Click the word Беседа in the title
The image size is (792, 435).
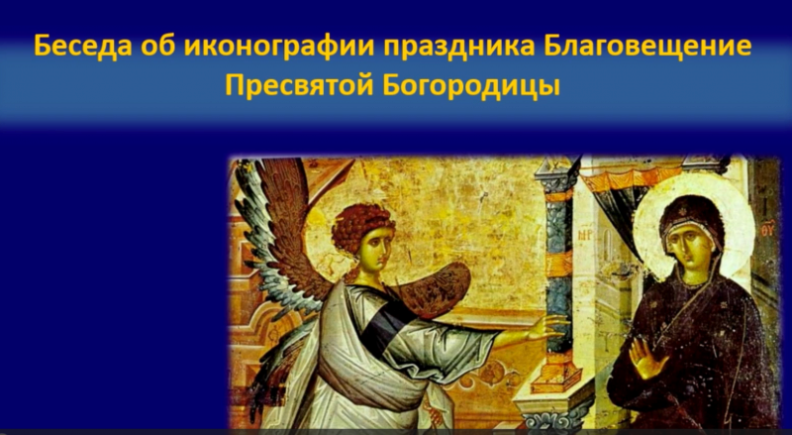pyautogui.click(x=82, y=47)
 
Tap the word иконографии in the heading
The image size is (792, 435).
pyautogui.click(x=279, y=47)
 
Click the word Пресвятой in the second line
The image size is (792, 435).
pyautogui.click(x=299, y=86)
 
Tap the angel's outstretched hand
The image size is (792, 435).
pyautogui.click(x=546, y=327)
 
